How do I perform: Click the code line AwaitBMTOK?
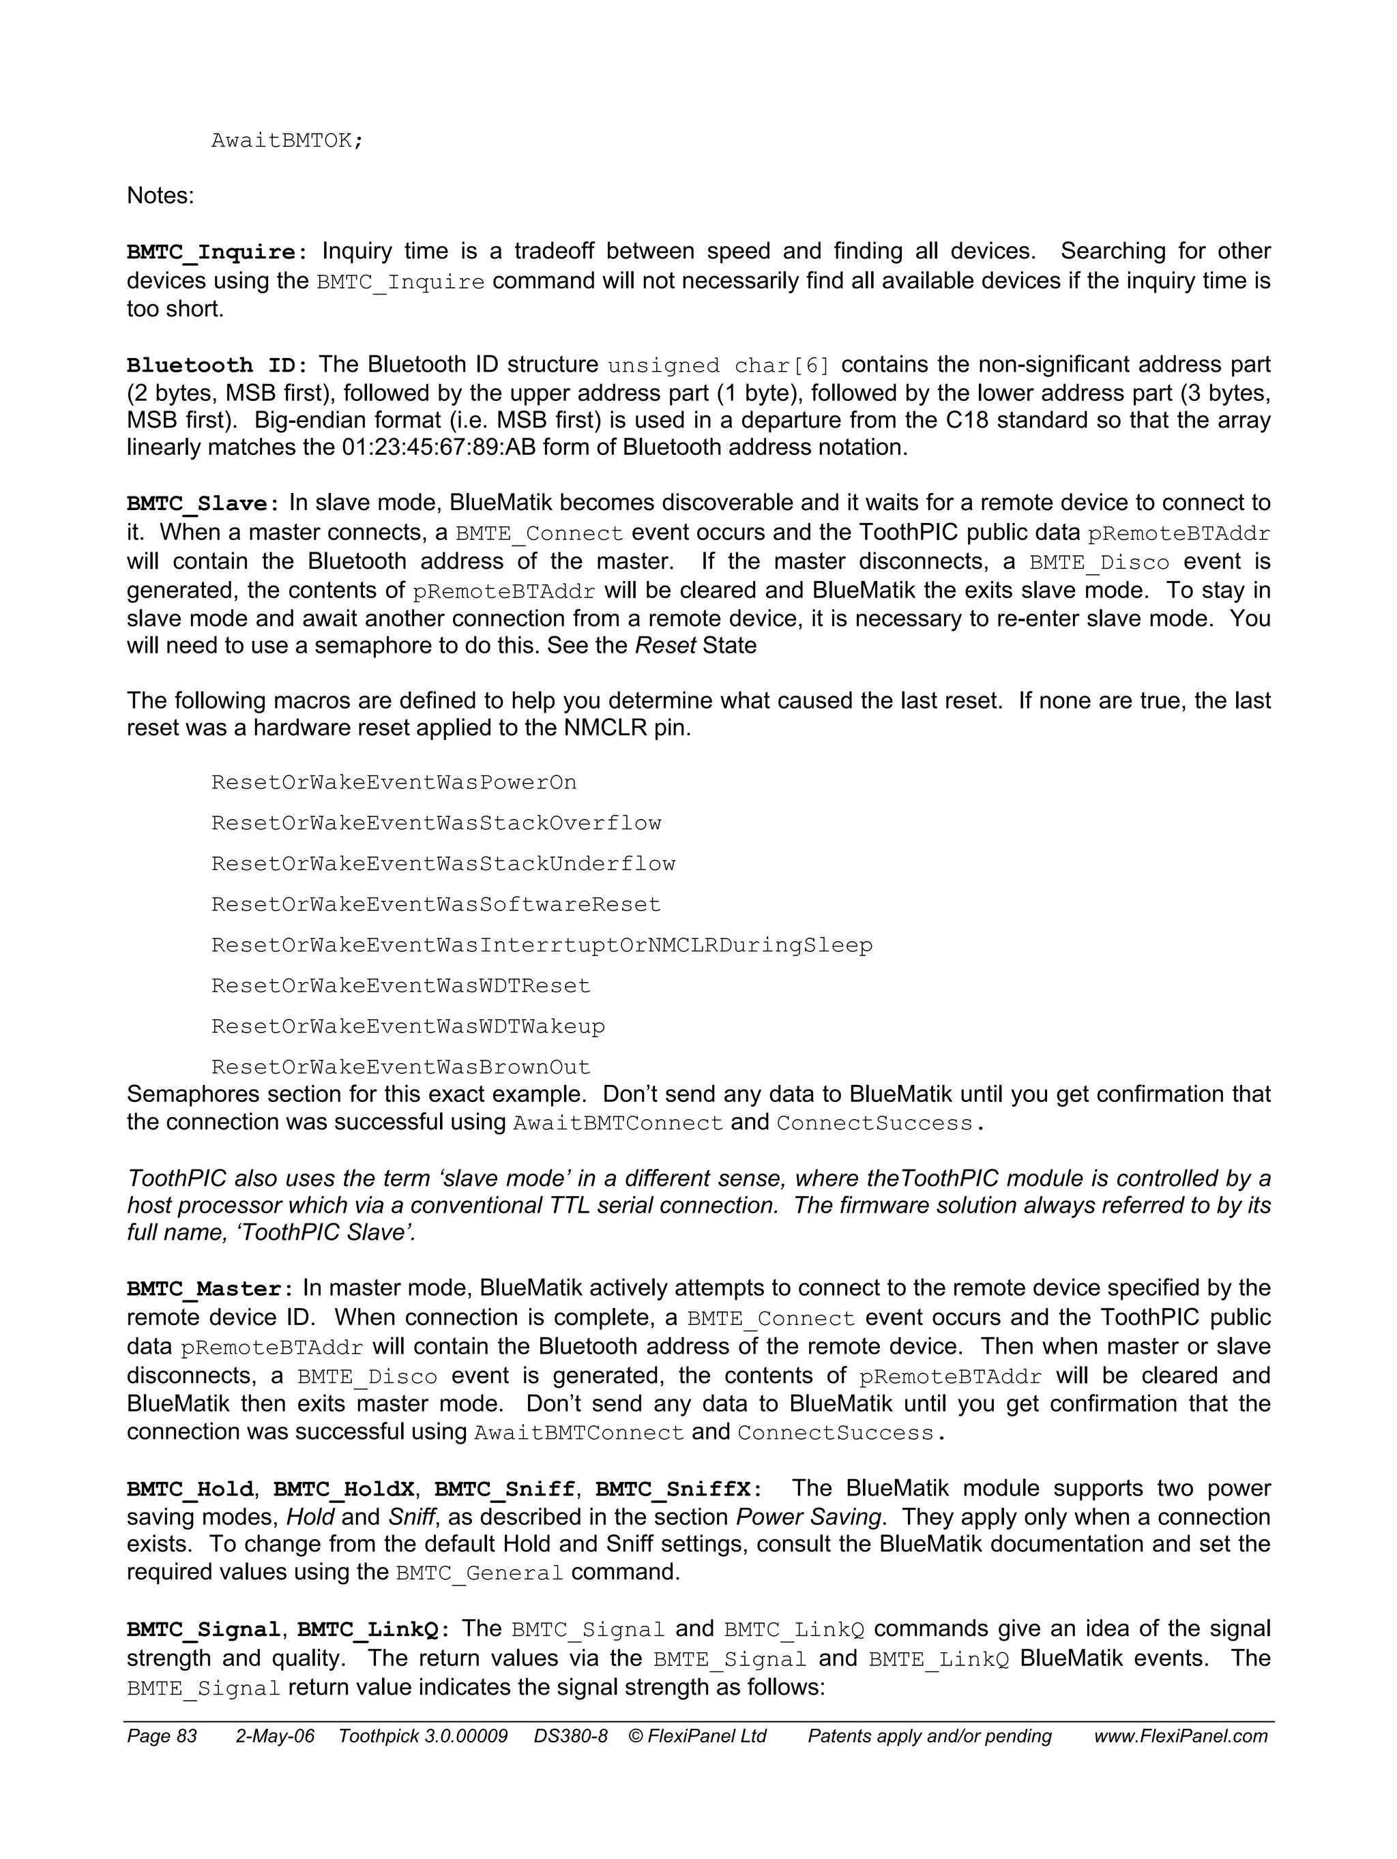286,140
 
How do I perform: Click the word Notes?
160,196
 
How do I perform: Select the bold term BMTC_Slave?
203,504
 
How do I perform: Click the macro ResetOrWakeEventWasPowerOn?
394,782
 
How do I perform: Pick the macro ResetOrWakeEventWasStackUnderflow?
443,864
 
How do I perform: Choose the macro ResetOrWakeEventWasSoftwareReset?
435,904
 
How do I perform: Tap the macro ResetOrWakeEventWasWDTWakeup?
408,1026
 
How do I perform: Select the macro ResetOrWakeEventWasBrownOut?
401,1067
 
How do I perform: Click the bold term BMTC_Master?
210,1289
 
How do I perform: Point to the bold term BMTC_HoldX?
343,1489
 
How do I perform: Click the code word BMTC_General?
478,1573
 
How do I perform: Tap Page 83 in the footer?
162,1736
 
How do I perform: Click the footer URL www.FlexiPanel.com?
1180,1736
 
